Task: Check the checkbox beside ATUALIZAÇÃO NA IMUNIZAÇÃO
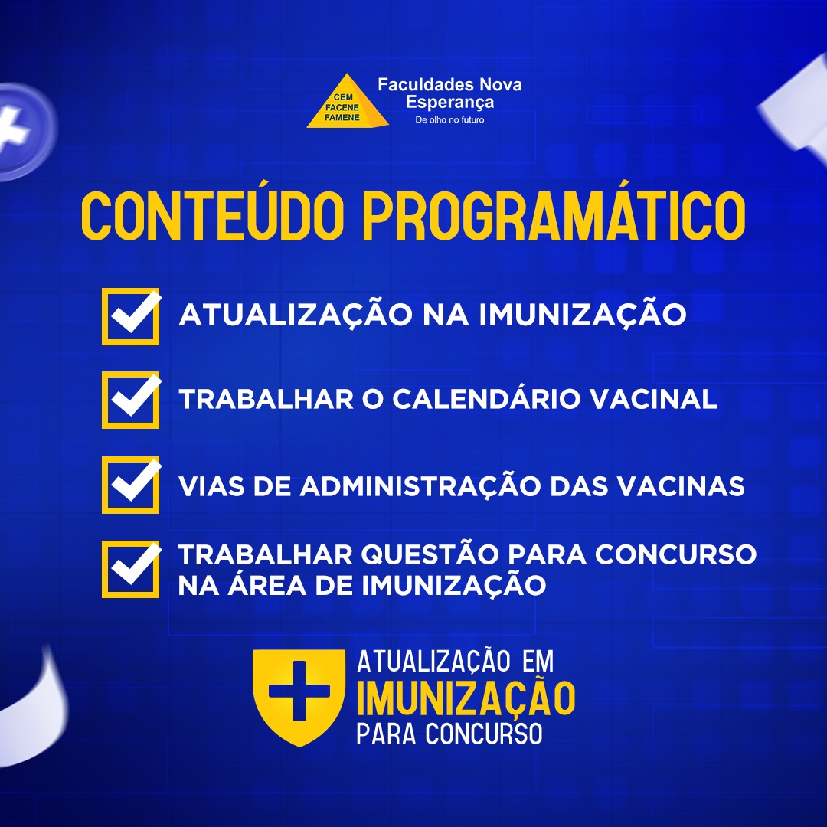[130, 316]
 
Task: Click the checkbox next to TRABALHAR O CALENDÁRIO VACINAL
[130, 400]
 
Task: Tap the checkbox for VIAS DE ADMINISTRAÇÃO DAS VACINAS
[130, 485]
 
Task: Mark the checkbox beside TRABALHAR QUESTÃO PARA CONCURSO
[130, 569]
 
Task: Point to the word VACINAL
[653, 399]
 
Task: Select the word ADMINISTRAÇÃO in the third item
[420, 485]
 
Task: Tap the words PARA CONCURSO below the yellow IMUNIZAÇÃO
[449, 734]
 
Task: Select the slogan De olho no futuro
[449, 119]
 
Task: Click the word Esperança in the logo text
[449, 101]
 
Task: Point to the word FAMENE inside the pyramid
[342, 118]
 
